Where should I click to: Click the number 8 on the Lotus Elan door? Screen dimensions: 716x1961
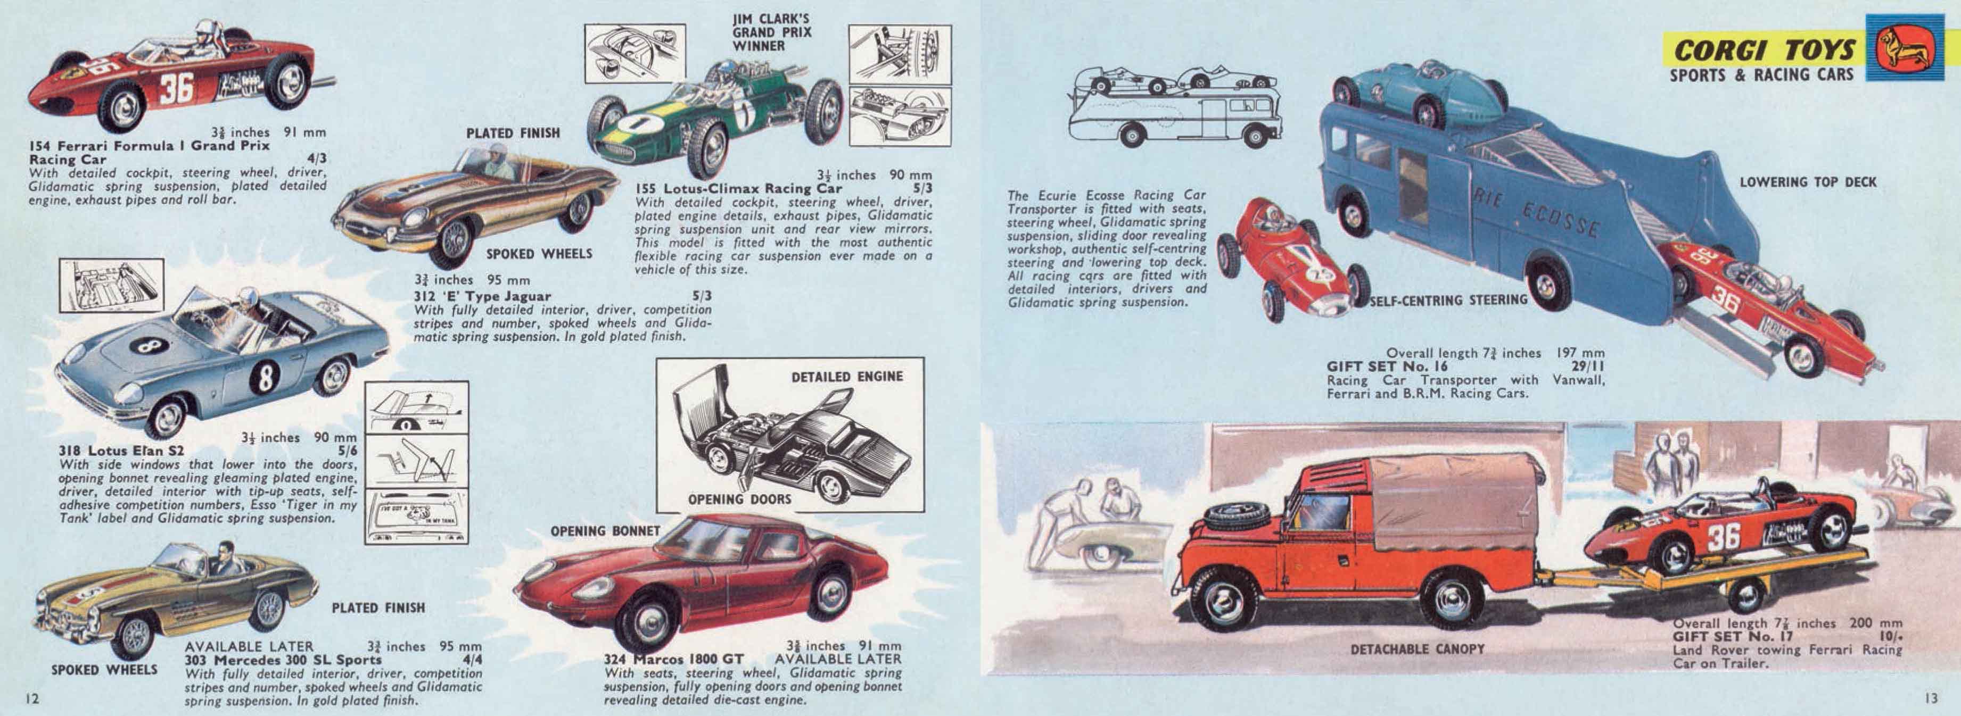tap(264, 377)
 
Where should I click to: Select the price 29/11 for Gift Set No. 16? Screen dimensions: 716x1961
tap(1587, 366)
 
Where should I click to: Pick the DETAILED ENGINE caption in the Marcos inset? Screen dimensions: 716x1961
tap(846, 377)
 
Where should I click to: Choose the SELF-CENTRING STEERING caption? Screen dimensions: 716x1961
tap(1448, 300)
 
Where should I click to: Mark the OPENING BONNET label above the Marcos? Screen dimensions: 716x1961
tap(605, 530)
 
